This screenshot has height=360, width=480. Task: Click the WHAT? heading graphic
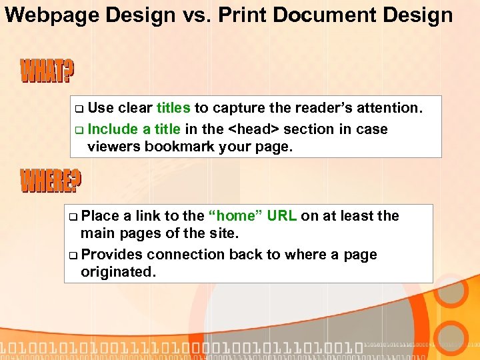(x=47, y=72)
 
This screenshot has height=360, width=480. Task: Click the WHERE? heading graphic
(x=51, y=181)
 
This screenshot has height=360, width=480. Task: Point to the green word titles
(x=173, y=108)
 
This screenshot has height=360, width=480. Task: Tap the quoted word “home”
(x=232, y=215)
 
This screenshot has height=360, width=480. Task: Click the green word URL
(x=280, y=215)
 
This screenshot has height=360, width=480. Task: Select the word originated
(x=117, y=272)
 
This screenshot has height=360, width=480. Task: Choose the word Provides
(x=111, y=255)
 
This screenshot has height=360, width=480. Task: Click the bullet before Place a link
(x=73, y=216)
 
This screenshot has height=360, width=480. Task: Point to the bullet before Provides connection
(x=73, y=255)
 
